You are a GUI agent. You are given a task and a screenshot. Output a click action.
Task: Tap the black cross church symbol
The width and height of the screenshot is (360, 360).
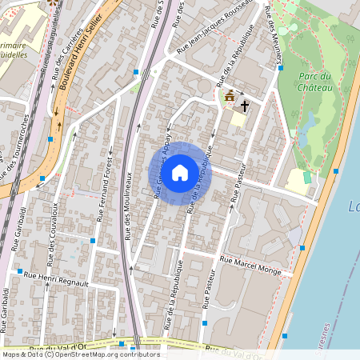(245, 105)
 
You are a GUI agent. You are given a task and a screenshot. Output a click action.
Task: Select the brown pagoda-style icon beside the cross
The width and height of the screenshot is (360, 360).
(230, 97)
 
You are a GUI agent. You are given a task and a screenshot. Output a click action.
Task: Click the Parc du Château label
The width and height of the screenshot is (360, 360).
(315, 82)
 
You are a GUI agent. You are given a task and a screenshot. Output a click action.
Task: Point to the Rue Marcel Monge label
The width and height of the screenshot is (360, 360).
(250, 266)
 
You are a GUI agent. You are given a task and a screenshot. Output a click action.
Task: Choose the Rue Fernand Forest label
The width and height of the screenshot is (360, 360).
(103, 193)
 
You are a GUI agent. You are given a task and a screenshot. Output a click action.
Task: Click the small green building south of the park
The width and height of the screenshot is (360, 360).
(307, 176)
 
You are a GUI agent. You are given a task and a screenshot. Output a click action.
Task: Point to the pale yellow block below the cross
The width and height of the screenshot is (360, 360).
(238, 118)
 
